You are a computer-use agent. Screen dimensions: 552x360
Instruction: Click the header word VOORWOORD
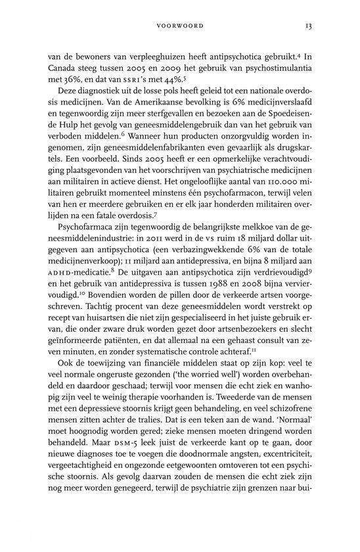180,27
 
